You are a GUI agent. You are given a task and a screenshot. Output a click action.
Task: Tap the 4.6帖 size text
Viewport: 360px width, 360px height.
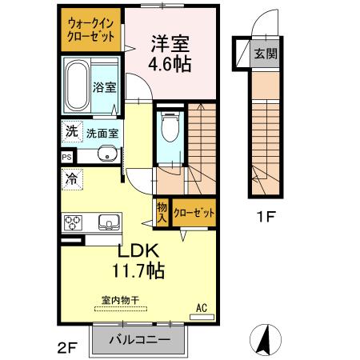(x=170, y=65)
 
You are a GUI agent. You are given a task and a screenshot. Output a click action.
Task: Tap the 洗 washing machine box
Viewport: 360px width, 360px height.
(x=70, y=132)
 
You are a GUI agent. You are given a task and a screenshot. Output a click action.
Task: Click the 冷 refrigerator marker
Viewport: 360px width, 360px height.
(x=71, y=180)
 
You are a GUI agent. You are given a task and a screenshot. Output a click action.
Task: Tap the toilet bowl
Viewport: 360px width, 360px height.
(x=169, y=127)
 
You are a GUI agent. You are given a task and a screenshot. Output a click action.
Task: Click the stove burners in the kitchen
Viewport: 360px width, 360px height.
(x=74, y=222)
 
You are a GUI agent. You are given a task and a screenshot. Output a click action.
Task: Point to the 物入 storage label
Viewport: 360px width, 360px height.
(x=161, y=212)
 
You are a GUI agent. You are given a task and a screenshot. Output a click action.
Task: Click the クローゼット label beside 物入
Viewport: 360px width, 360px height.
(x=194, y=212)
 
